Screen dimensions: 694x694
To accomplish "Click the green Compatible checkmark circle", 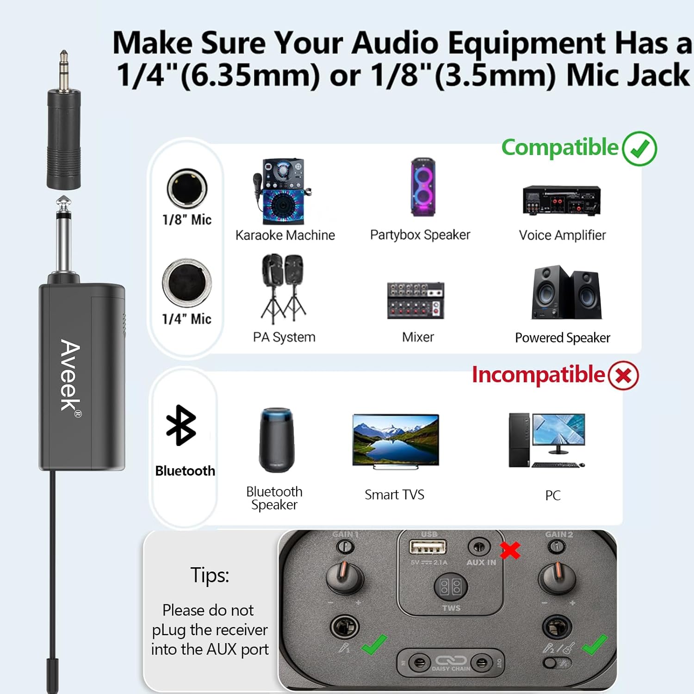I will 639,149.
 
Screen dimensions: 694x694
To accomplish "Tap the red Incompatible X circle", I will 623,375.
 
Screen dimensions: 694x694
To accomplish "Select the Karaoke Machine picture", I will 281,192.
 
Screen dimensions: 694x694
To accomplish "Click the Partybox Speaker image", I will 423,187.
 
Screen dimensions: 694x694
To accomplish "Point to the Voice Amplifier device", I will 561,201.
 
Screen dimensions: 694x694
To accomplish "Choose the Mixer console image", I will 415,300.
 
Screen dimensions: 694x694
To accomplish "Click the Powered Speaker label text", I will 562,338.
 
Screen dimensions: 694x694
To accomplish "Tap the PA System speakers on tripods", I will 283,288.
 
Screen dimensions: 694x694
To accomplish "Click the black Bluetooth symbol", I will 181,425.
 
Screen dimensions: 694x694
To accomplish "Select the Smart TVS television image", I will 395,441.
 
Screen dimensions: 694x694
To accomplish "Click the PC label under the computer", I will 552,496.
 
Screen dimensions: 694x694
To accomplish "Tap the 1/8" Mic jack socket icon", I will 187,188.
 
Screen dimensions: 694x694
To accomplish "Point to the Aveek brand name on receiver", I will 71,376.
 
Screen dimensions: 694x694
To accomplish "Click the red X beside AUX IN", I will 510,550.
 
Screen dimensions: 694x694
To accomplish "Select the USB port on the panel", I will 428,547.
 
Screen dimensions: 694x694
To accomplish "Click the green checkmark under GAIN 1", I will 374,644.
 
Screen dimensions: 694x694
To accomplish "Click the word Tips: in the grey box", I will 210,576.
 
